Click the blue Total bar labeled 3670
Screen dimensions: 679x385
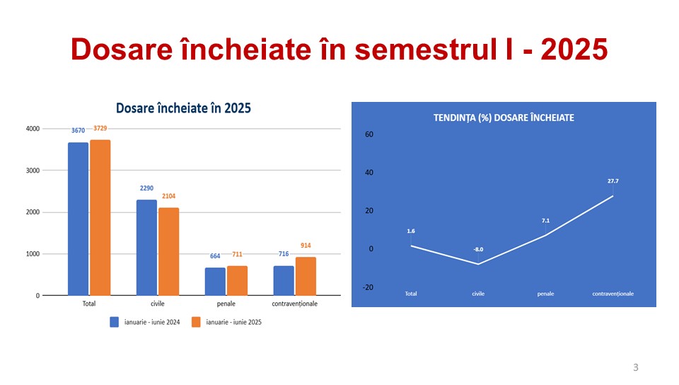click(78, 219)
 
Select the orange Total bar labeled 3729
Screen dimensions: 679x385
click(100, 218)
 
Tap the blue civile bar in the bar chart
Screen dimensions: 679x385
click(147, 248)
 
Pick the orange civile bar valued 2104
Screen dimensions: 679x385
click(169, 252)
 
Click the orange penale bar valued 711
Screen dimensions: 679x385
click(238, 281)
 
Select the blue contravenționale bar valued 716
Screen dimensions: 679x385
click(284, 281)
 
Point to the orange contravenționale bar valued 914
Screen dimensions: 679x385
click(306, 276)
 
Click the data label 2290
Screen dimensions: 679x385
click(147, 188)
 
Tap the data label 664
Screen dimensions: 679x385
click(215, 256)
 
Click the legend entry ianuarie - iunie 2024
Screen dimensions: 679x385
click(144, 322)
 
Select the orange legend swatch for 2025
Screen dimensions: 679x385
click(196, 322)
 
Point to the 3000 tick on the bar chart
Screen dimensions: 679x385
click(33, 171)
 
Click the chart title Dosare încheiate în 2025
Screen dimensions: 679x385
click(184, 108)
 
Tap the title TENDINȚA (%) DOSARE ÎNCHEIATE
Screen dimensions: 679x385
click(504, 117)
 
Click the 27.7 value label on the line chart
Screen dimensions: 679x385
click(613, 181)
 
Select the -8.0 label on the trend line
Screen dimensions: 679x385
click(478, 249)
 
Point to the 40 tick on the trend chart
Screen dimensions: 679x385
click(369, 173)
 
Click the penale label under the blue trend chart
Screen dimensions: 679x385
click(545, 294)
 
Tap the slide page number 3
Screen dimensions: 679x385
click(636, 368)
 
